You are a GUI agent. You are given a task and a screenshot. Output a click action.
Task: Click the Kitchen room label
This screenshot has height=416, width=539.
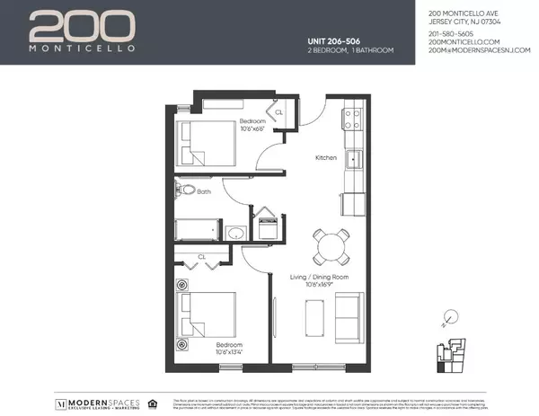coord(325,157)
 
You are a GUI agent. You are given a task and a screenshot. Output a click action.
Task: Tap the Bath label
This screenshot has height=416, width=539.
coord(204,191)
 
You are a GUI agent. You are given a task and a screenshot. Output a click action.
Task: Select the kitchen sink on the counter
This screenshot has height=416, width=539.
coord(355,161)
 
